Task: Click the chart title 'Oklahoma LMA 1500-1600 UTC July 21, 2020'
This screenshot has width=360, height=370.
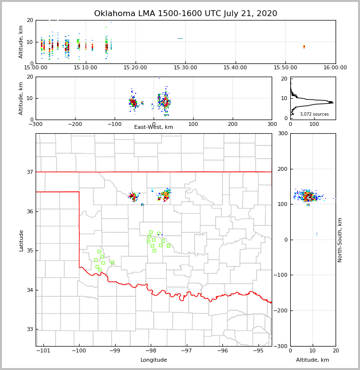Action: click(x=185, y=14)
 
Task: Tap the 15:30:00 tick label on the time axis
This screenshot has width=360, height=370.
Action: click(x=185, y=67)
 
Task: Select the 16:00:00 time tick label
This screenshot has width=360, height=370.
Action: click(x=335, y=67)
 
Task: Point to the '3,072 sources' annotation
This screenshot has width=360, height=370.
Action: click(x=314, y=114)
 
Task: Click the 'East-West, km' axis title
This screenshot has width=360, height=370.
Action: click(x=154, y=127)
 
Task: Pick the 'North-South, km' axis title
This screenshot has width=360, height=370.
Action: click(x=340, y=240)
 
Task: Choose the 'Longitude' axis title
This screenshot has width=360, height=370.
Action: click(x=154, y=360)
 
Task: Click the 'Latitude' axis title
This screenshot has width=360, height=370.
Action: click(x=21, y=240)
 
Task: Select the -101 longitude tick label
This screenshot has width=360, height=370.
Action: click(x=43, y=350)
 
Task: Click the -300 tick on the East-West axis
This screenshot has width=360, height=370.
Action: click(x=36, y=124)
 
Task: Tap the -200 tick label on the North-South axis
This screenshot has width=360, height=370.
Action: click(x=281, y=310)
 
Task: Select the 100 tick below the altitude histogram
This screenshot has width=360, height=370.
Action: click(x=314, y=124)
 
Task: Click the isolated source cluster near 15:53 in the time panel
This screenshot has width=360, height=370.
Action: click(x=304, y=47)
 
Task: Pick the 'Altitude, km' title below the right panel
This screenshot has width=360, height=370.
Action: click(x=313, y=360)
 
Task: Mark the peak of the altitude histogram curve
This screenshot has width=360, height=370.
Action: click(x=333, y=102)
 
